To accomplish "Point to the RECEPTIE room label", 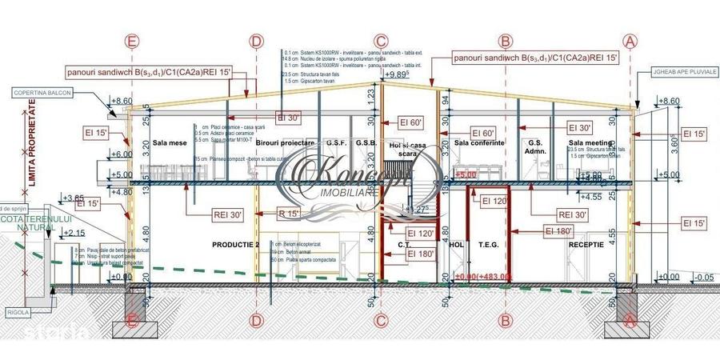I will coord(586,245).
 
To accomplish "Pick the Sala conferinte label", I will coord(479,143).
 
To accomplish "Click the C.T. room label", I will coord(404,245).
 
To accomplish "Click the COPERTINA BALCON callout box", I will coord(48,93).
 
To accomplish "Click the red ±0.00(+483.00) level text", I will coord(482,277).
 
